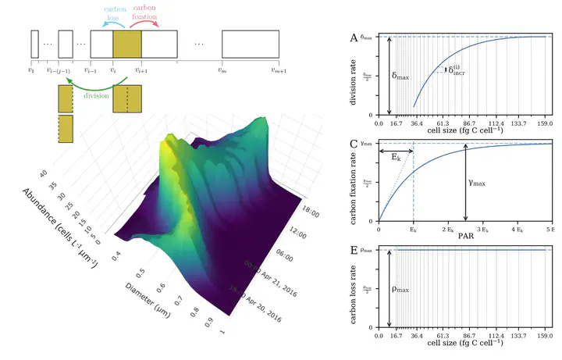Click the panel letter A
click(354, 37)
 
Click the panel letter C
click(354, 144)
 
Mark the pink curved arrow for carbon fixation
click(145, 24)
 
